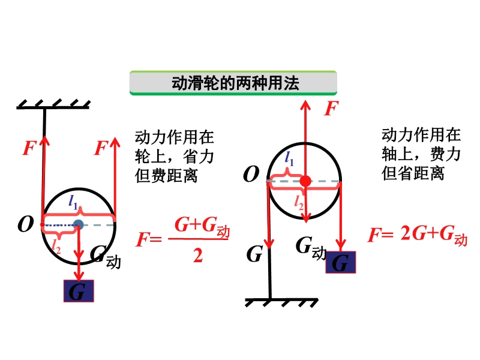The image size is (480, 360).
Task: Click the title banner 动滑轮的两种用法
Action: point(233,83)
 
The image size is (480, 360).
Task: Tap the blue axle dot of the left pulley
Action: point(78,225)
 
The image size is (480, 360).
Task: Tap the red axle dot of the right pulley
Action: point(305,181)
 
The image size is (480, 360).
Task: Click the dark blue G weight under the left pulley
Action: point(79,291)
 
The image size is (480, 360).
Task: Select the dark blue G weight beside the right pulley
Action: point(340,262)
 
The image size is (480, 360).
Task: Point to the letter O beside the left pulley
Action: point(25,224)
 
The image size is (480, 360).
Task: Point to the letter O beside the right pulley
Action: point(251,175)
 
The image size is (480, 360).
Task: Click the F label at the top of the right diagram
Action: point(330,109)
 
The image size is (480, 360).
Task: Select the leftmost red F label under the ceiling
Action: point(29,148)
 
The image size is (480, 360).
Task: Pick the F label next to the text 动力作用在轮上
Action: point(101,148)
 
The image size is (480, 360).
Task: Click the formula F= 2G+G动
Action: point(417,235)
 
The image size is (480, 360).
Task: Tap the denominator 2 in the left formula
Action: point(197,256)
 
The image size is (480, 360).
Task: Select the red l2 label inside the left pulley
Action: point(56,244)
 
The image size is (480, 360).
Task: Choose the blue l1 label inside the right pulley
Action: point(289,160)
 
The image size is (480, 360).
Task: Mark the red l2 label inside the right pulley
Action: point(299,203)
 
